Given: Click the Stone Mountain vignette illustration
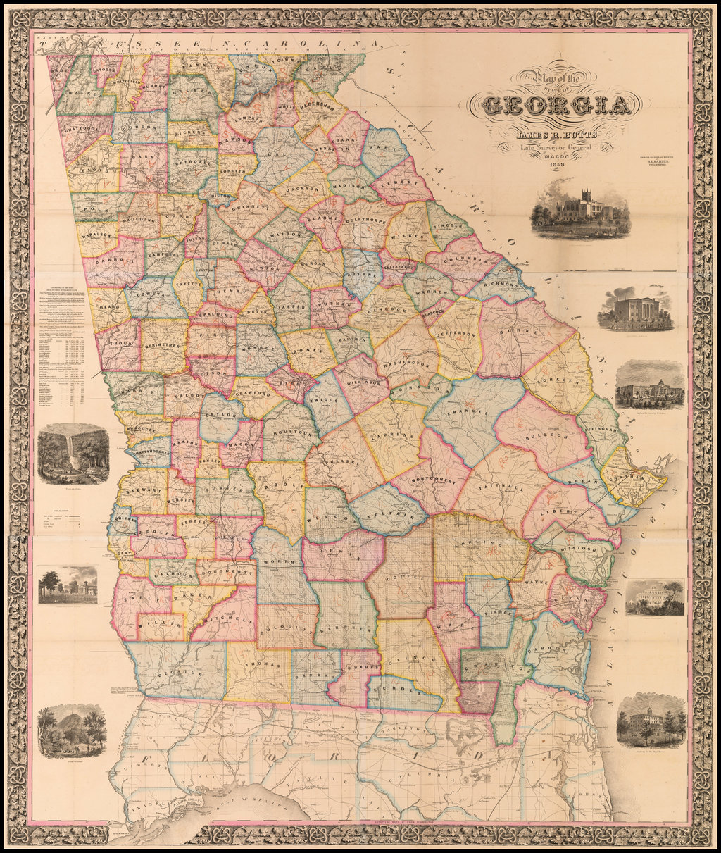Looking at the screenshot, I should (73, 732).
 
